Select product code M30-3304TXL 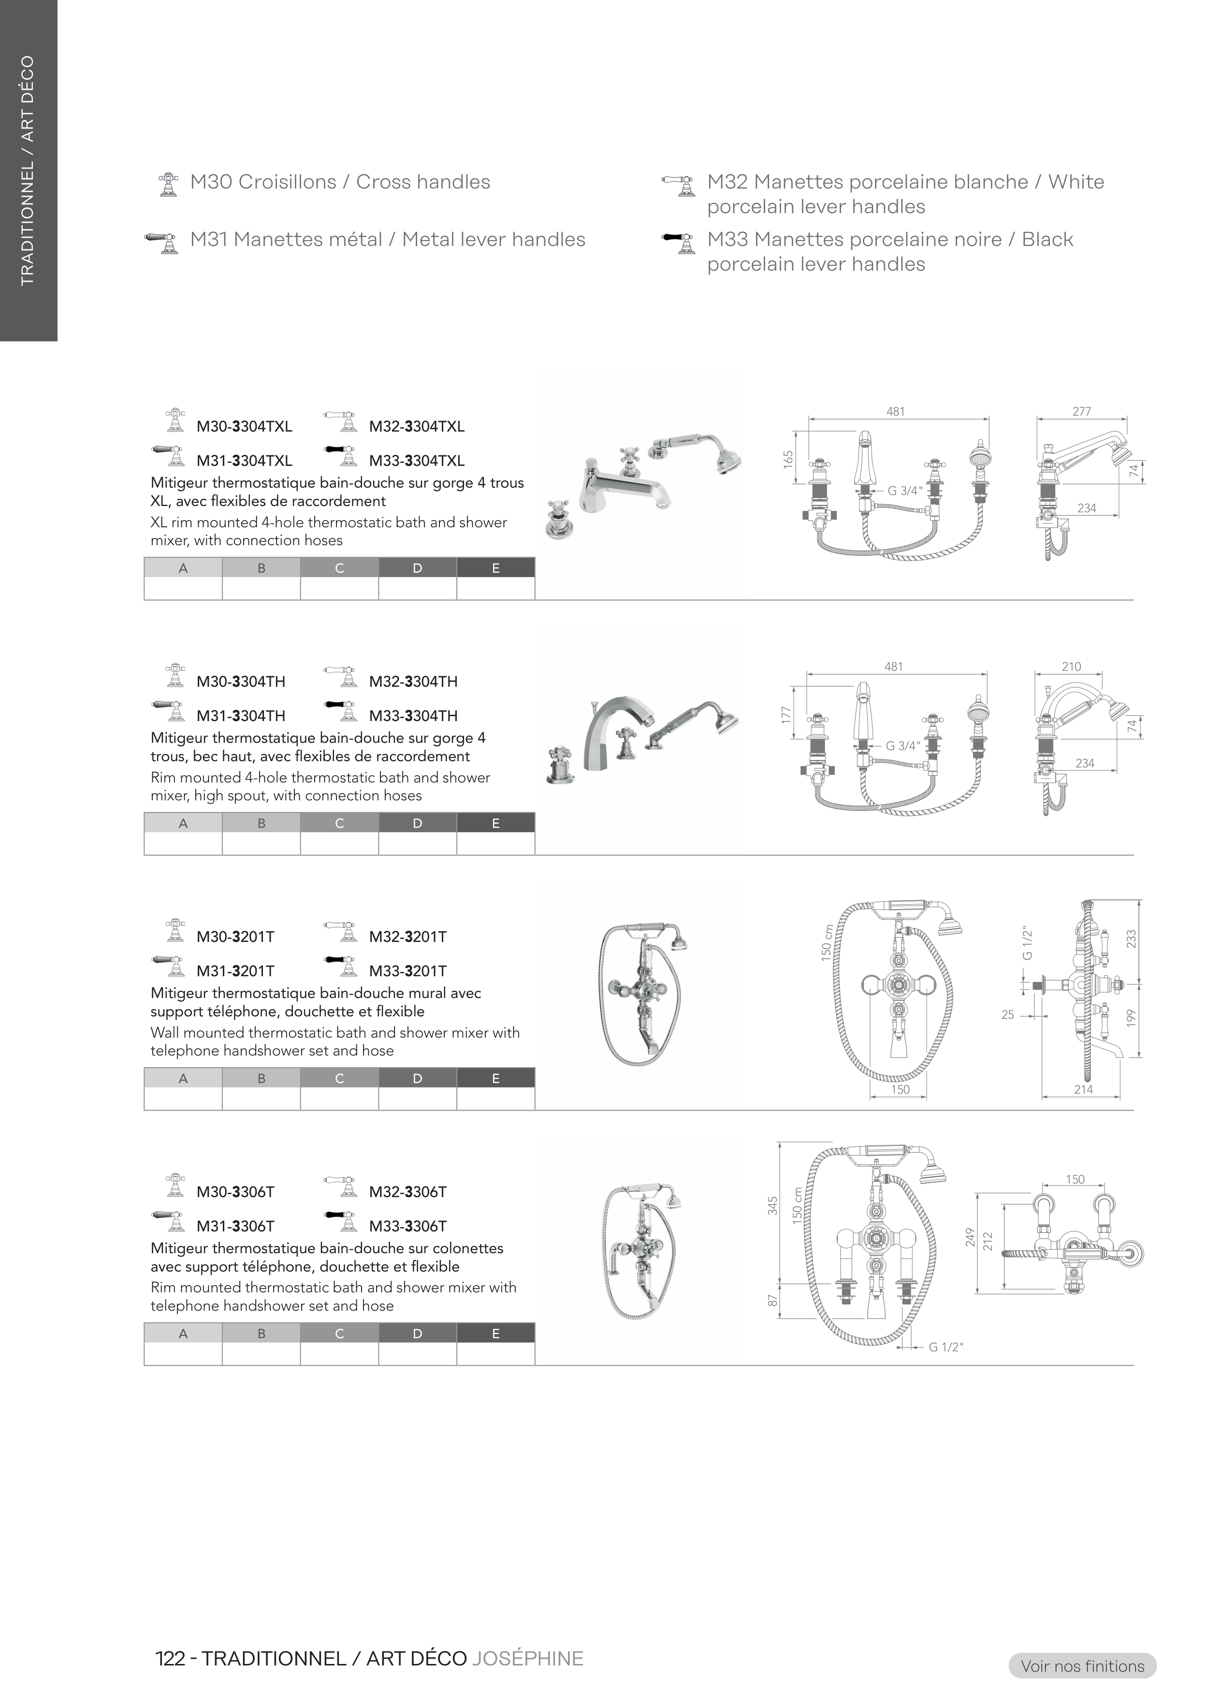[244, 427]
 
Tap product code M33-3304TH [413, 716]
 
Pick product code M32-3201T [407, 937]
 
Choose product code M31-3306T [235, 1226]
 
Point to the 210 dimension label [1071, 666]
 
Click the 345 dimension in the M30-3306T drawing [773, 1205]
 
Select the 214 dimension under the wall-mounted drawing [1084, 1089]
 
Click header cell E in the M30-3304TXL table [495, 568]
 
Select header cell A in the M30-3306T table [183, 1334]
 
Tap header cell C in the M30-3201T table [339, 1079]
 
